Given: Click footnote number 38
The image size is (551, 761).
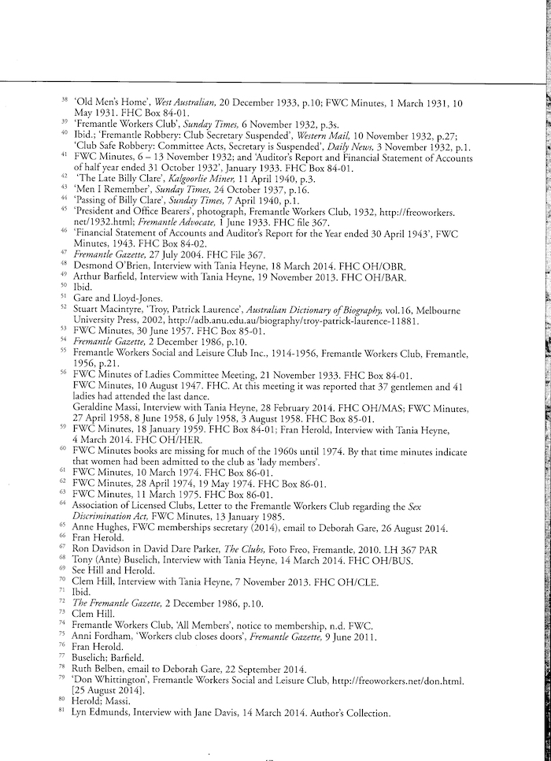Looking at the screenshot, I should [65, 100].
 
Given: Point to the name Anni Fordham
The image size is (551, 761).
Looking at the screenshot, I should [102, 636].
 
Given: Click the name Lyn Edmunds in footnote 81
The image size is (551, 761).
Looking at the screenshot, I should [103, 713].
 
